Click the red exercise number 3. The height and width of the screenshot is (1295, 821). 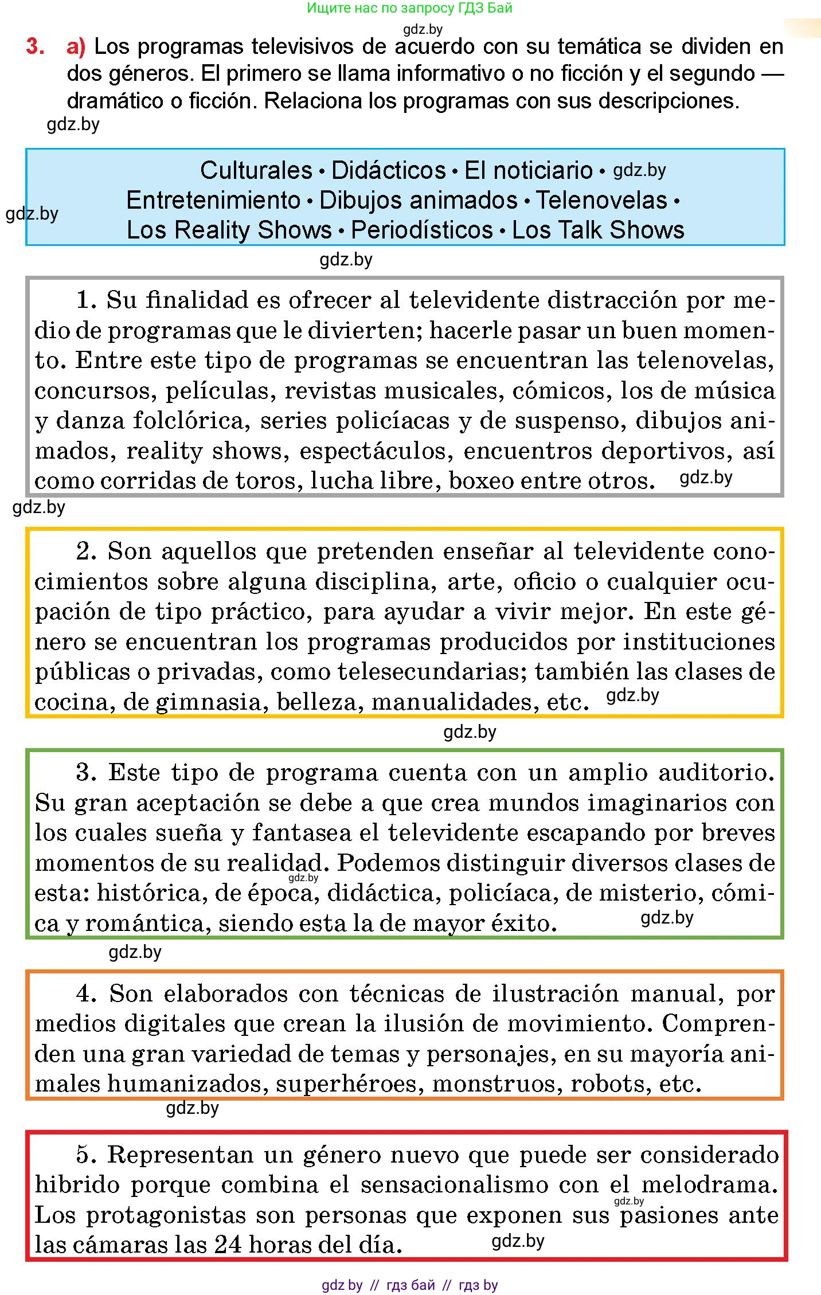[35, 46]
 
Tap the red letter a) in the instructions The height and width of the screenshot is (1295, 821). [76, 46]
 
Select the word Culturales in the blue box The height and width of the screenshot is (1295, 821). [256, 170]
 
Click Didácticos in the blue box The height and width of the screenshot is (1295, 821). [388, 170]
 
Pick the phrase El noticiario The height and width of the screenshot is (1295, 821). [528, 170]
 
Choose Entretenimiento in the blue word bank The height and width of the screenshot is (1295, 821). [213, 200]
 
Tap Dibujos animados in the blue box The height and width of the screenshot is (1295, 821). [418, 200]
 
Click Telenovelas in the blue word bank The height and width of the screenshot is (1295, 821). [601, 200]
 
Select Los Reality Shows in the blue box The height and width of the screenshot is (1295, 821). [229, 230]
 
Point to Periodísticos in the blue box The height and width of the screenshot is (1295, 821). [421, 230]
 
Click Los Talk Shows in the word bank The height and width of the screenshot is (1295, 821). [598, 230]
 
